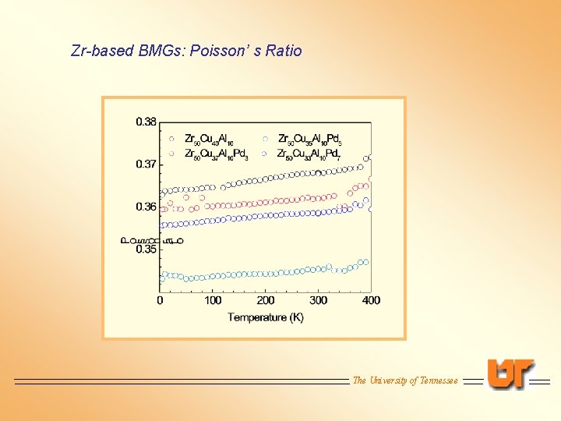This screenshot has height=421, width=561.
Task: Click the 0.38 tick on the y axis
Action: pos(146,122)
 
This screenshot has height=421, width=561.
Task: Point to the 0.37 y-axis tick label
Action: pos(146,165)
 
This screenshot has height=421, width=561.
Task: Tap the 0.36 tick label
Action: pos(146,207)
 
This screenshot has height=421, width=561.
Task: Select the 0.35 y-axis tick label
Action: pos(146,249)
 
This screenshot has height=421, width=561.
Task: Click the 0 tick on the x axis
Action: pos(161,300)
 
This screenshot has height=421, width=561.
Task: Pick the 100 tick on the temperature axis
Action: pos(213,300)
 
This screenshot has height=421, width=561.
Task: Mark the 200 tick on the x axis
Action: pos(266,300)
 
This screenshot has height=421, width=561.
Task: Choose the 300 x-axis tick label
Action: pos(318,300)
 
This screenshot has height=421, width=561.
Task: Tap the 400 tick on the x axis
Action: pos(371,300)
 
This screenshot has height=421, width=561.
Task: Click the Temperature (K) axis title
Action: pos(266,317)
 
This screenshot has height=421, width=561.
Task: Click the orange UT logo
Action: pos(511,373)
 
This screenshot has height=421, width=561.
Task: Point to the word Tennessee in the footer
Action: pos(439,380)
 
